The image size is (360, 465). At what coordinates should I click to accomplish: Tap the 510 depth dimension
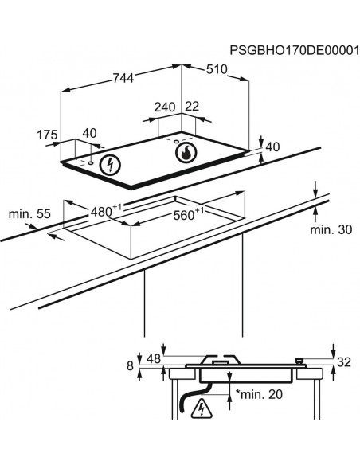217,69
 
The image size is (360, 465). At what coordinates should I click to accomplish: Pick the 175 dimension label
48,135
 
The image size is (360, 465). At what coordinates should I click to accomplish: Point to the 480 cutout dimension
103,212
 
